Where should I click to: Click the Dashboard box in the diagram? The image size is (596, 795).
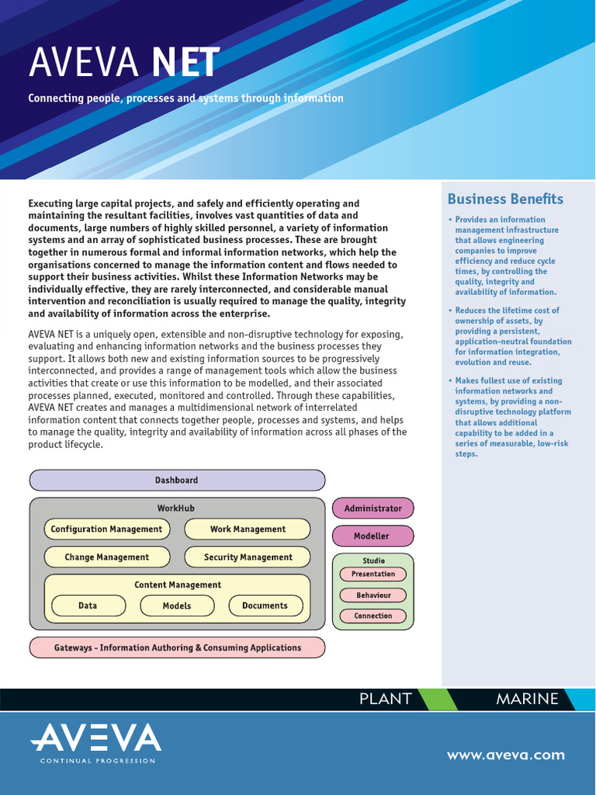coord(177,481)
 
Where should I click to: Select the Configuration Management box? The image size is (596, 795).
coord(106,529)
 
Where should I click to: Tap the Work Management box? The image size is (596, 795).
coord(248,529)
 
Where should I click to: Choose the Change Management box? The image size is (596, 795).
coord(106,557)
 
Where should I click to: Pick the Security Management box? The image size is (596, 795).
coord(248,557)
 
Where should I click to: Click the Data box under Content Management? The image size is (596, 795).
coord(88,606)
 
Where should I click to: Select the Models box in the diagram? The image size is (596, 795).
coord(177,606)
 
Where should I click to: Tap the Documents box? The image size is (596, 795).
coord(265,606)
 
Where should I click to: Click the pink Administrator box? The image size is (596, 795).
coord(372,509)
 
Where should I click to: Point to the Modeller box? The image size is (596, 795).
coord(372,536)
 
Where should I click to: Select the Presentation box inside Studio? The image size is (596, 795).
coord(373,575)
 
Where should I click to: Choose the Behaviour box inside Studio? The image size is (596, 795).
coord(373,595)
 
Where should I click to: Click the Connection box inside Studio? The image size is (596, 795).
coord(373,616)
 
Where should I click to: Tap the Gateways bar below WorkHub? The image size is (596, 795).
coord(177,647)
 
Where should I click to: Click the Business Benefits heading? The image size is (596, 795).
coord(505,200)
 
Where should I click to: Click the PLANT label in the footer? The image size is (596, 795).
coord(385,699)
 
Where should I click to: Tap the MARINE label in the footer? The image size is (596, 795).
coord(527,699)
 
